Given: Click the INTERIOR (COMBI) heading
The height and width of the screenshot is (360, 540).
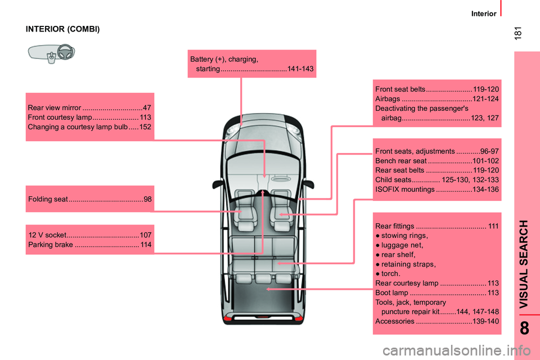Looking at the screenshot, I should coord(63,29).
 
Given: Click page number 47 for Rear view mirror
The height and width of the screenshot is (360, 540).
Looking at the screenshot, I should coord(147,107).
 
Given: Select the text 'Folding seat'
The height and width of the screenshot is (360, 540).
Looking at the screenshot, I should coord(48,199).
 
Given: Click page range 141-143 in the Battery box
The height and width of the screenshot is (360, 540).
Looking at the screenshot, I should coord(300,69).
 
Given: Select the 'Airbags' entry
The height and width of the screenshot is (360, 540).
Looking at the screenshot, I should coord(388,99).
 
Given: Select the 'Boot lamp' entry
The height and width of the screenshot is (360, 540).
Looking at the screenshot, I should coord(391,292).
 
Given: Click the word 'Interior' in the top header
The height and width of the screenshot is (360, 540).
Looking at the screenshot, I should coord(483,13).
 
